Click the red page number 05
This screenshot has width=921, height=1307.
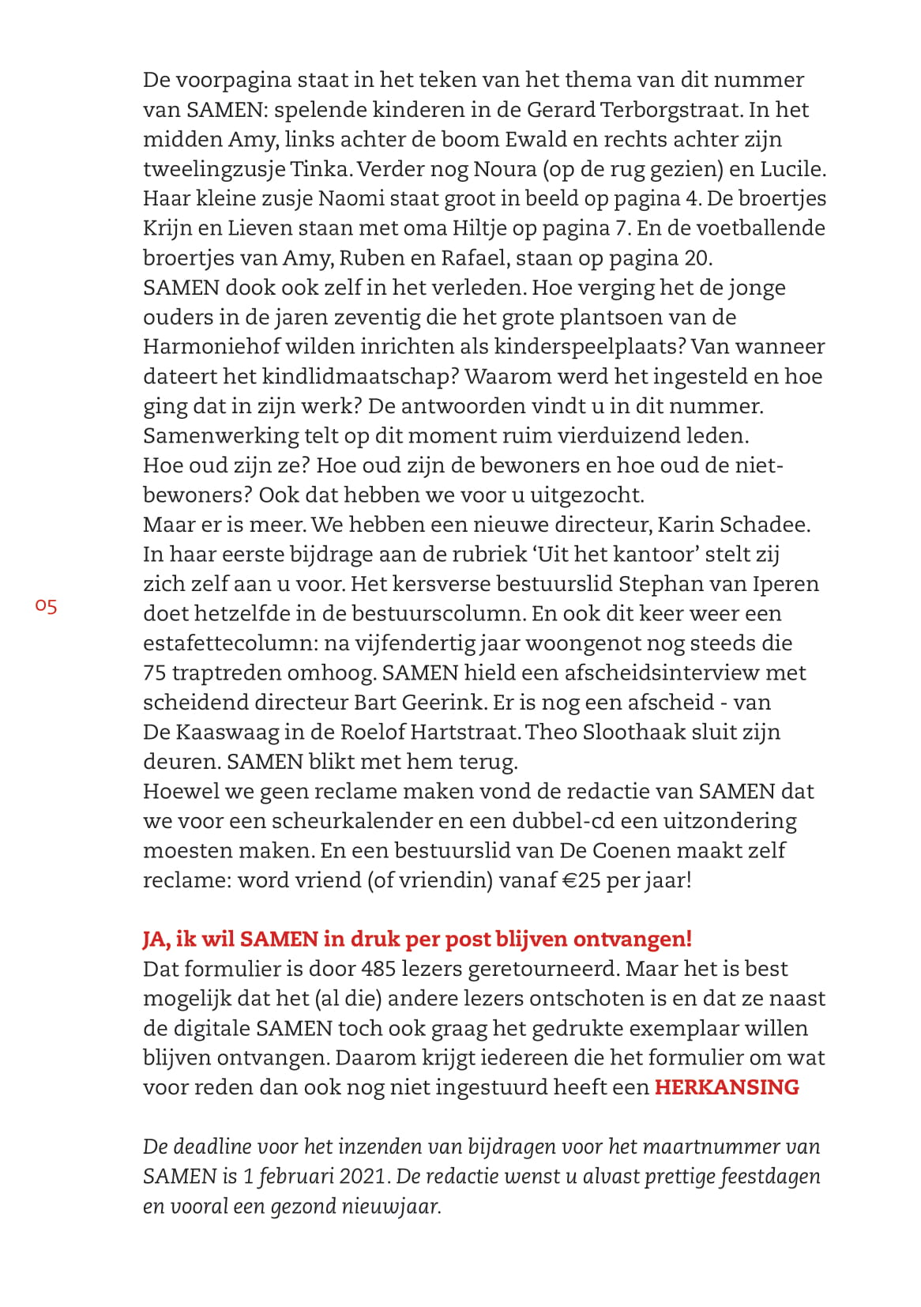pyautogui.click(x=46, y=606)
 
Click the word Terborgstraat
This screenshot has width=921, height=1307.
pyautogui.click(x=674, y=109)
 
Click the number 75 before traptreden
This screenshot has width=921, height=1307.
pyautogui.click(x=154, y=672)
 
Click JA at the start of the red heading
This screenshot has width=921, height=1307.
pyautogui.click(x=156, y=939)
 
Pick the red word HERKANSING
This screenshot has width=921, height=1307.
pyautogui.click(x=727, y=1087)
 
